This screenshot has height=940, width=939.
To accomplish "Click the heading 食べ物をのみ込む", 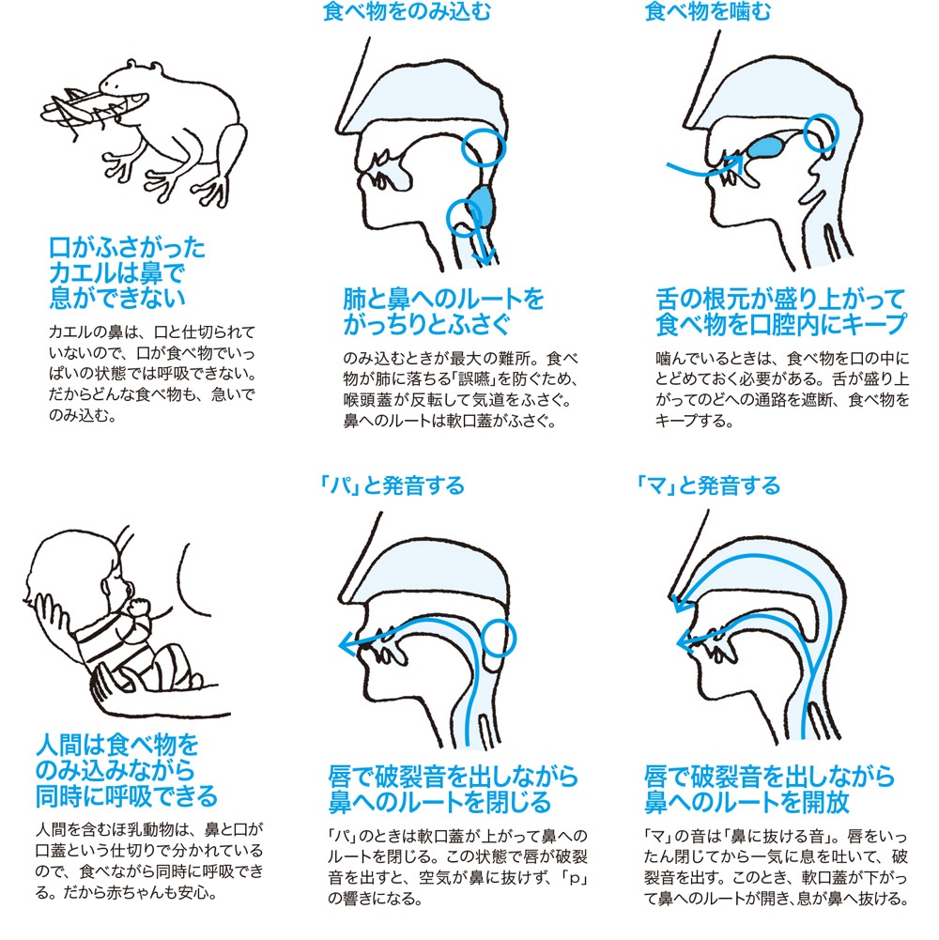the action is click(407, 10).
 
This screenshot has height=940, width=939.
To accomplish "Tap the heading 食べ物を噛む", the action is click(708, 10).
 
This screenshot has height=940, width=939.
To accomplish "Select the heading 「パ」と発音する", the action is click(393, 485).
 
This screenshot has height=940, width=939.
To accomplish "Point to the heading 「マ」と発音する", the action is click(708, 485).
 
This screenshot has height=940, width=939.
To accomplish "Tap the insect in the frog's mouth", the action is click(84, 111).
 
